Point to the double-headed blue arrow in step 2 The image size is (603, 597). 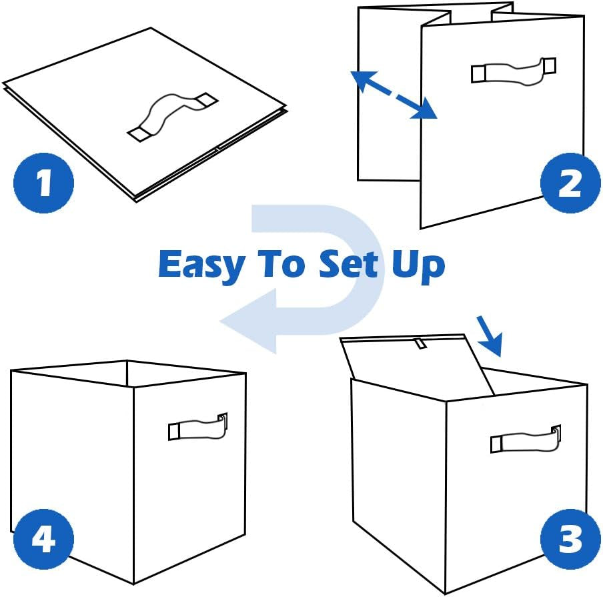[x=394, y=96]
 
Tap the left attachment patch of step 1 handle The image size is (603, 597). [x=140, y=133]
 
